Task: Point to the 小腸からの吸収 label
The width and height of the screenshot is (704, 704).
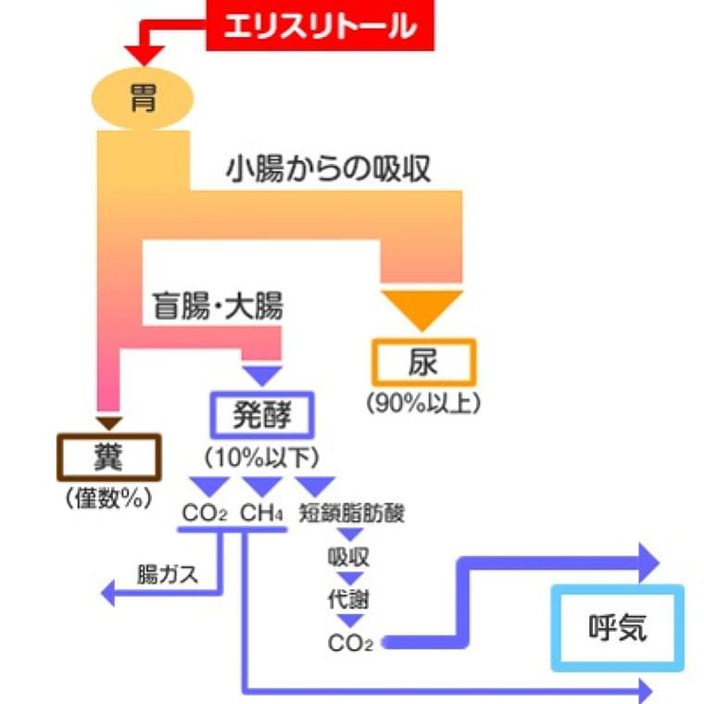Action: click(x=328, y=170)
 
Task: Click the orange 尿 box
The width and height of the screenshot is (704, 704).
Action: click(x=423, y=363)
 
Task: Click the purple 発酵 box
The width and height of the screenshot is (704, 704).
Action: click(x=264, y=415)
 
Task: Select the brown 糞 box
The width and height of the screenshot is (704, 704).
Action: click(x=109, y=457)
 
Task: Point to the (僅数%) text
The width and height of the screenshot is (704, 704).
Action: click(x=108, y=497)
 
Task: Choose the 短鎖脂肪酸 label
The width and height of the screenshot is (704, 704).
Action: click(x=352, y=512)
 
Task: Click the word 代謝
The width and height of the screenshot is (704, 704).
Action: click(x=348, y=599)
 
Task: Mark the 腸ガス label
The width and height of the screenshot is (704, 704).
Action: click(x=167, y=574)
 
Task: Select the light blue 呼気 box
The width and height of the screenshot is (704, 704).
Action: click(x=617, y=629)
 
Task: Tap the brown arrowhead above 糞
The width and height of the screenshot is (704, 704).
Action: click(x=109, y=423)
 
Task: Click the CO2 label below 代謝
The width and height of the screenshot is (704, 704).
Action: click(x=349, y=642)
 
